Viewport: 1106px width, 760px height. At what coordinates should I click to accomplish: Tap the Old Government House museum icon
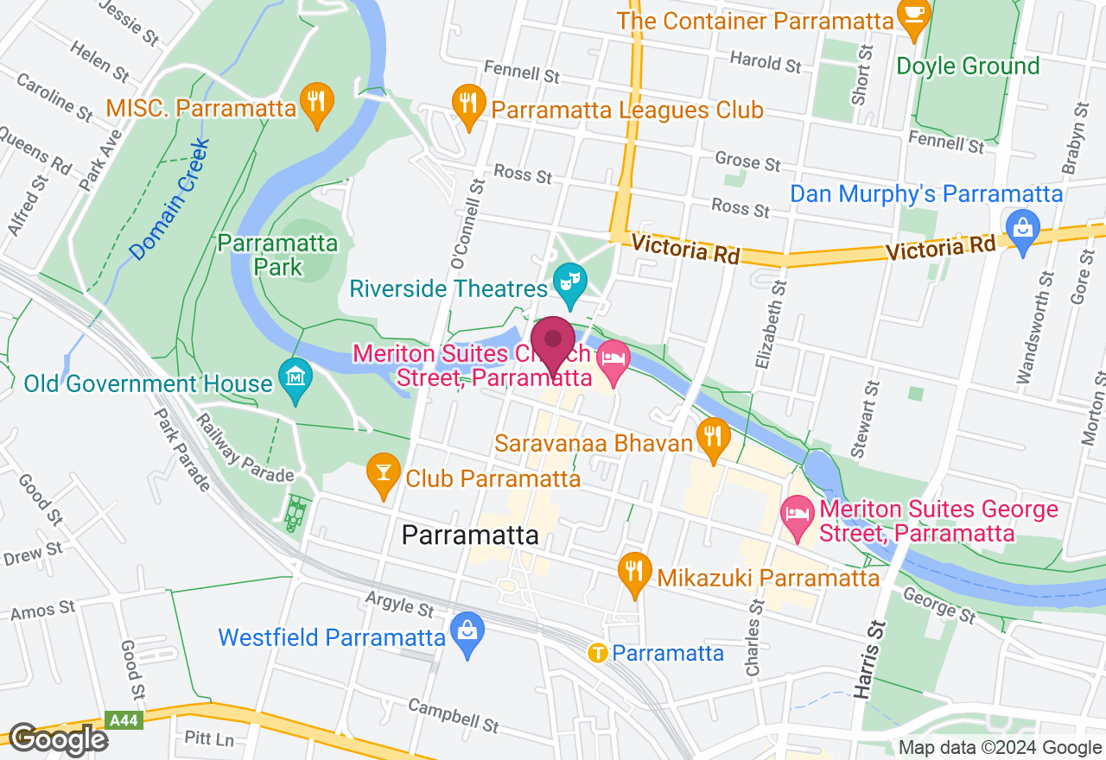coord(296,378)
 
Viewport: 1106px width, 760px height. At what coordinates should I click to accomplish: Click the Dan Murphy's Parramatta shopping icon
coord(1022,228)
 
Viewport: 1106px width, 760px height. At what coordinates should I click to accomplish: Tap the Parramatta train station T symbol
coord(596,653)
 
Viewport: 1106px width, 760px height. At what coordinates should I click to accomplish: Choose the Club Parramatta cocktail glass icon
coord(383,472)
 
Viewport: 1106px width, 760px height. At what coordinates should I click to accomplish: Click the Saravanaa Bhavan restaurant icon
coord(712,438)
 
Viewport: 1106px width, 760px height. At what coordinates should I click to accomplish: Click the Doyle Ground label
coord(968,66)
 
